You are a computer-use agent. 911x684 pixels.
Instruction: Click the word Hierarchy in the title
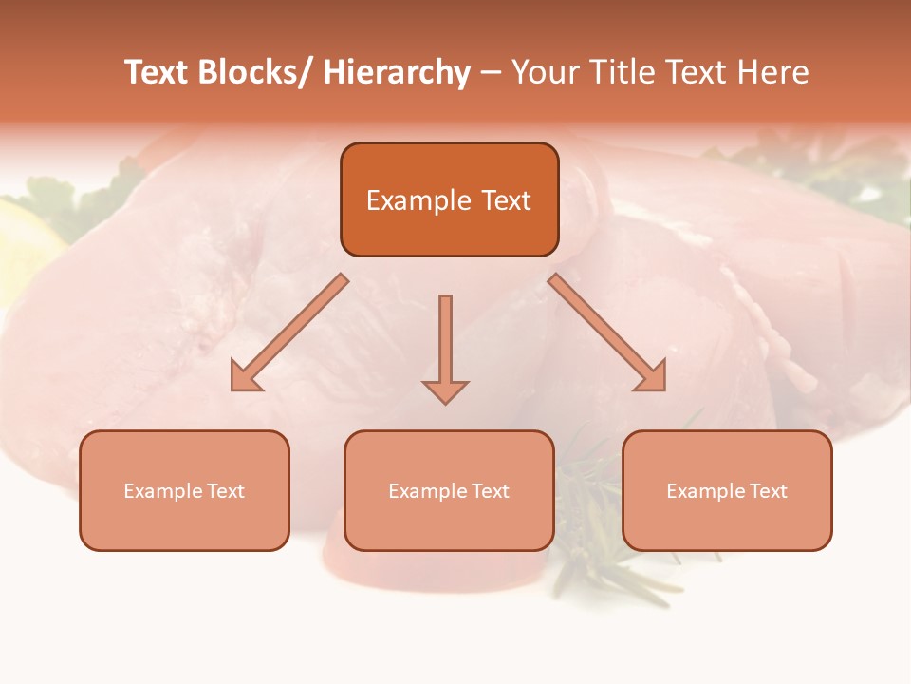(x=396, y=72)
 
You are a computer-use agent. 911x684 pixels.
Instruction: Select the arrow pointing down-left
(x=290, y=332)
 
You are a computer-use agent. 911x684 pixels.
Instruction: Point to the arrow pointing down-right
(x=606, y=332)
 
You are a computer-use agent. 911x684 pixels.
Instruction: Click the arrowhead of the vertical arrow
(x=445, y=389)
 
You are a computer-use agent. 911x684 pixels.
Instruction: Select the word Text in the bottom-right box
(x=769, y=491)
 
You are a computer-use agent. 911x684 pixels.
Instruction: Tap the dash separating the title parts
(x=491, y=73)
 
